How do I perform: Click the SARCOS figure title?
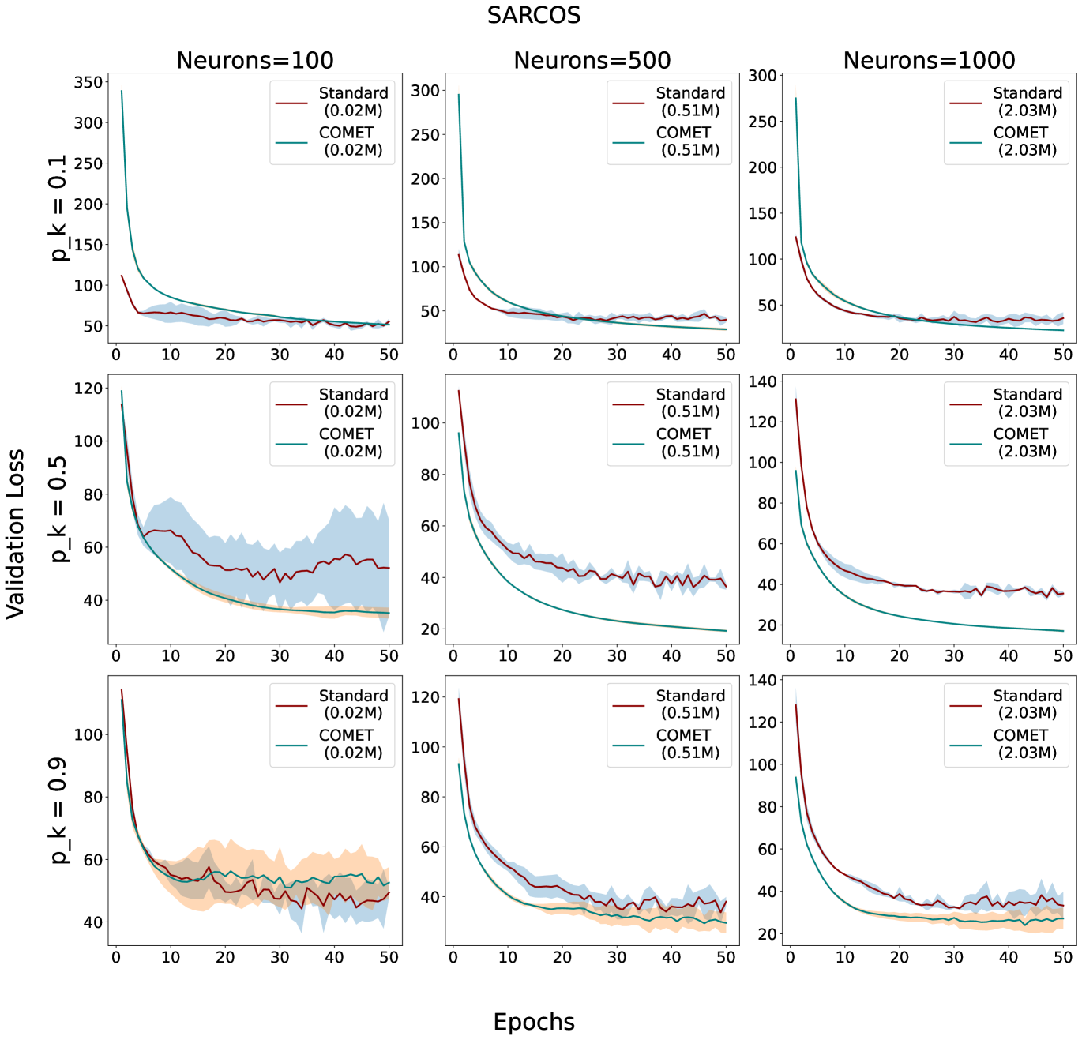pos(534,16)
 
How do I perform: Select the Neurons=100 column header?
pos(254,60)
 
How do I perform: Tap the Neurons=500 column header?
pos(592,60)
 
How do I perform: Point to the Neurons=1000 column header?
pos(929,60)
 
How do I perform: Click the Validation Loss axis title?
pos(16,534)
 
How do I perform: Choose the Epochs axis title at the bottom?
pos(534,1022)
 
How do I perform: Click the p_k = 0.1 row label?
pos(58,208)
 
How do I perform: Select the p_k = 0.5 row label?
pos(58,509)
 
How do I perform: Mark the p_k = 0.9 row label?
pos(58,810)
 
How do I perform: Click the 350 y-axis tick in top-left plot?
pos(88,82)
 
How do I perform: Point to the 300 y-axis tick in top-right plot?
pos(762,76)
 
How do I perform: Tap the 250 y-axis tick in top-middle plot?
pos(425,135)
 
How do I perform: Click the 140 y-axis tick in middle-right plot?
pos(762,381)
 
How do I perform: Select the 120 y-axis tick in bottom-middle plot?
pos(425,697)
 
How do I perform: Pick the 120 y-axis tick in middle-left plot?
pos(88,389)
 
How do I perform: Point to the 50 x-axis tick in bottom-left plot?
pos(389,957)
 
